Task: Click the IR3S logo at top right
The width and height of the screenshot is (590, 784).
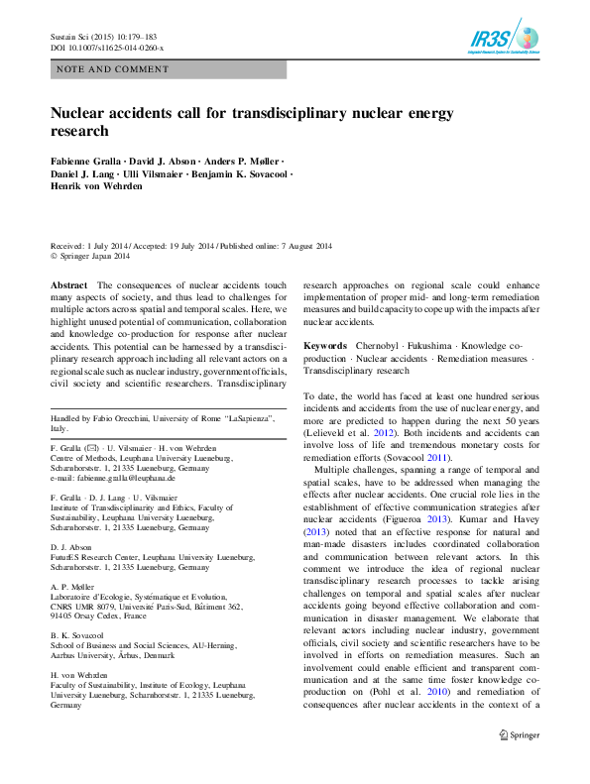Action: [x=505, y=39]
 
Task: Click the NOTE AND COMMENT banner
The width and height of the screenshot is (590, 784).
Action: [x=169, y=70]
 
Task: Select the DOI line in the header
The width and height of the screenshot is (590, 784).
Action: [x=107, y=48]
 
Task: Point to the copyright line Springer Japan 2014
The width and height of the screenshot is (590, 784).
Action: [x=95, y=257]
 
